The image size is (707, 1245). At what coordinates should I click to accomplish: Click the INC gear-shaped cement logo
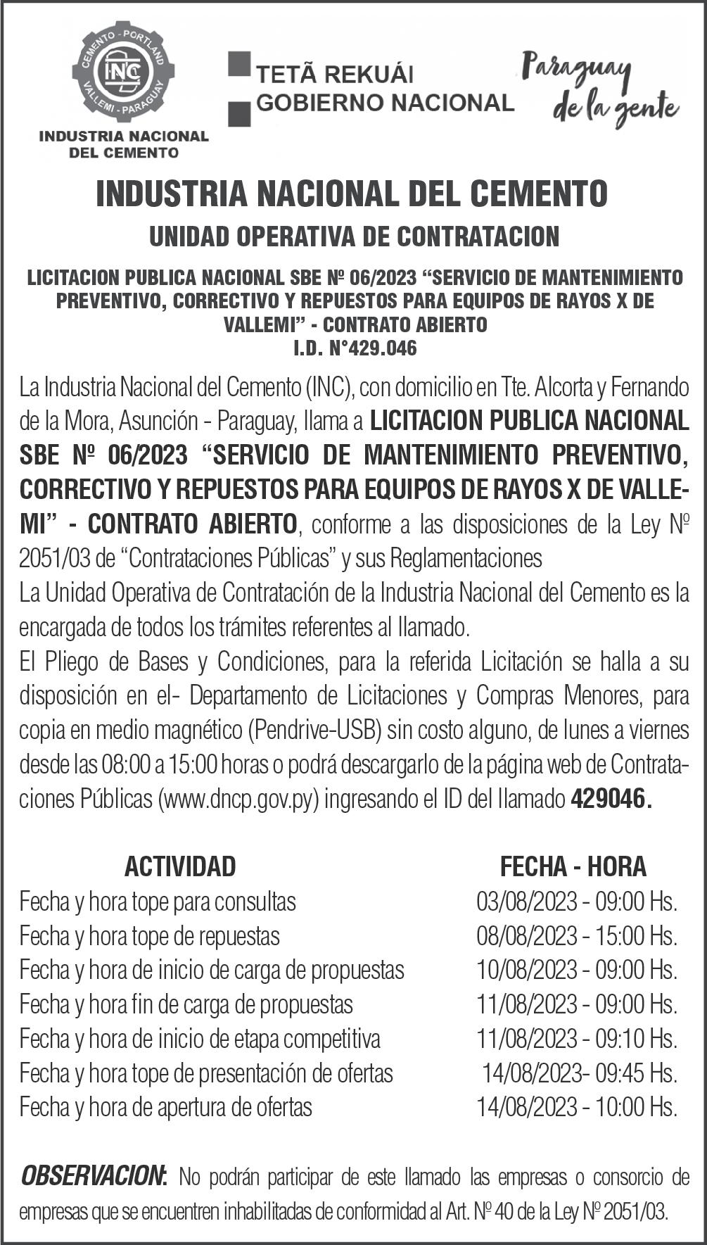tap(123, 72)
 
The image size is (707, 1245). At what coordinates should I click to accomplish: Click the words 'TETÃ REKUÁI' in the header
tap(333, 75)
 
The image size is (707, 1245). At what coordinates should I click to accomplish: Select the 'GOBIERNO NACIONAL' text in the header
tap(385, 103)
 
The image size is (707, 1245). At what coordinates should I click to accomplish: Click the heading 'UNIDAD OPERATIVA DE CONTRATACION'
tap(354, 236)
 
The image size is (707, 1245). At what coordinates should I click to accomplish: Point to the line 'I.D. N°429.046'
tap(355, 348)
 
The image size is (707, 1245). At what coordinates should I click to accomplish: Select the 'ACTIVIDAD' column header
tap(180, 866)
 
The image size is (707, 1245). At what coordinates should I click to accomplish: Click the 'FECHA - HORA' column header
tap(573, 866)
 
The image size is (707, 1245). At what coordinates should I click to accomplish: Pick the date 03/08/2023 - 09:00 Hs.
tap(577, 901)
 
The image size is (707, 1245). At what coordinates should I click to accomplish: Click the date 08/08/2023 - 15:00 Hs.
tap(577, 935)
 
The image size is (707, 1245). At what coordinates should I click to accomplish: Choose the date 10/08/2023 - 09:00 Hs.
tap(577, 970)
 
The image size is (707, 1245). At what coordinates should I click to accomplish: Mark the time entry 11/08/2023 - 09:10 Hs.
tap(577, 1039)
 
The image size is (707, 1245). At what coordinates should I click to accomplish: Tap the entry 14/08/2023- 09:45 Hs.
tap(579, 1073)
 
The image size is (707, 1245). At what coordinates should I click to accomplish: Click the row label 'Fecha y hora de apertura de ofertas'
tap(166, 1107)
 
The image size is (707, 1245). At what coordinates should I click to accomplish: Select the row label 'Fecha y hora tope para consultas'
tap(158, 901)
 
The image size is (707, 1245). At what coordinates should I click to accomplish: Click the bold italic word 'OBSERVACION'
tap(93, 1175)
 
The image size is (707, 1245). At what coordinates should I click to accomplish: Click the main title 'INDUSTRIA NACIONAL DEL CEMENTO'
tap(352, 194)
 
